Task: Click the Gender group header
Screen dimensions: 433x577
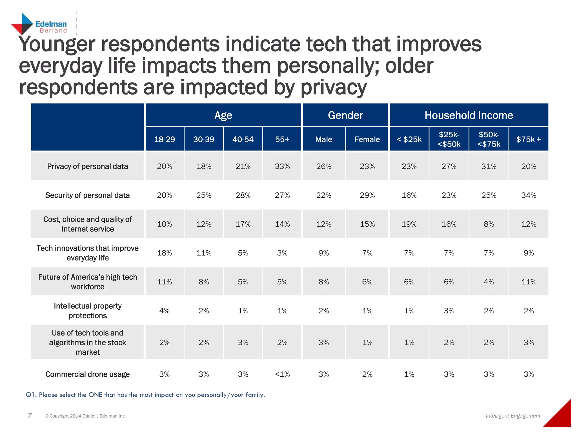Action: (x=345, y=115)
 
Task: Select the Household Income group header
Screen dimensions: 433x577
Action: (x=469, y=115)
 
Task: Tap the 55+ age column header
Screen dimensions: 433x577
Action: (x=282, y=139)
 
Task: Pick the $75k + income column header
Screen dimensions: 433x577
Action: (x=529, y=139)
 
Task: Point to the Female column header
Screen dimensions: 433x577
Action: (x=367, y=139)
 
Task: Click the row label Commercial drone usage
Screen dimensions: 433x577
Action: (x=87, y=374)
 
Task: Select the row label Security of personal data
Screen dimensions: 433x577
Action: (x=87, y=195)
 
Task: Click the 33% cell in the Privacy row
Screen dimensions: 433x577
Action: (x=282, y=166)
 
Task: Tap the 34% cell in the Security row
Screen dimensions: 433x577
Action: (x=529, y=195)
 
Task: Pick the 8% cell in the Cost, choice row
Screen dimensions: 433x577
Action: (x=489, y=224)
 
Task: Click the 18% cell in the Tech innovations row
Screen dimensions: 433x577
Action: (x=164, y=253)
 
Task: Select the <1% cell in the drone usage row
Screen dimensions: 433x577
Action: (x=282, y=374)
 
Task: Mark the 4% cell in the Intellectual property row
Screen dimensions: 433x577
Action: (x=164, y=311)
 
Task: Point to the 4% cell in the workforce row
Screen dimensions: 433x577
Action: (x=489, y=282)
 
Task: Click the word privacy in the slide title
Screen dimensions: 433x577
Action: (x=334, y=87)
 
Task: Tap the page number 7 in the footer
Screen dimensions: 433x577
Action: (x=30, y=415)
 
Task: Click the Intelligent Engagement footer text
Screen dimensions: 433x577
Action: (x=513, y=416)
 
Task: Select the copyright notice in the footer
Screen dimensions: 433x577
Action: (x=85, y=416)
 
